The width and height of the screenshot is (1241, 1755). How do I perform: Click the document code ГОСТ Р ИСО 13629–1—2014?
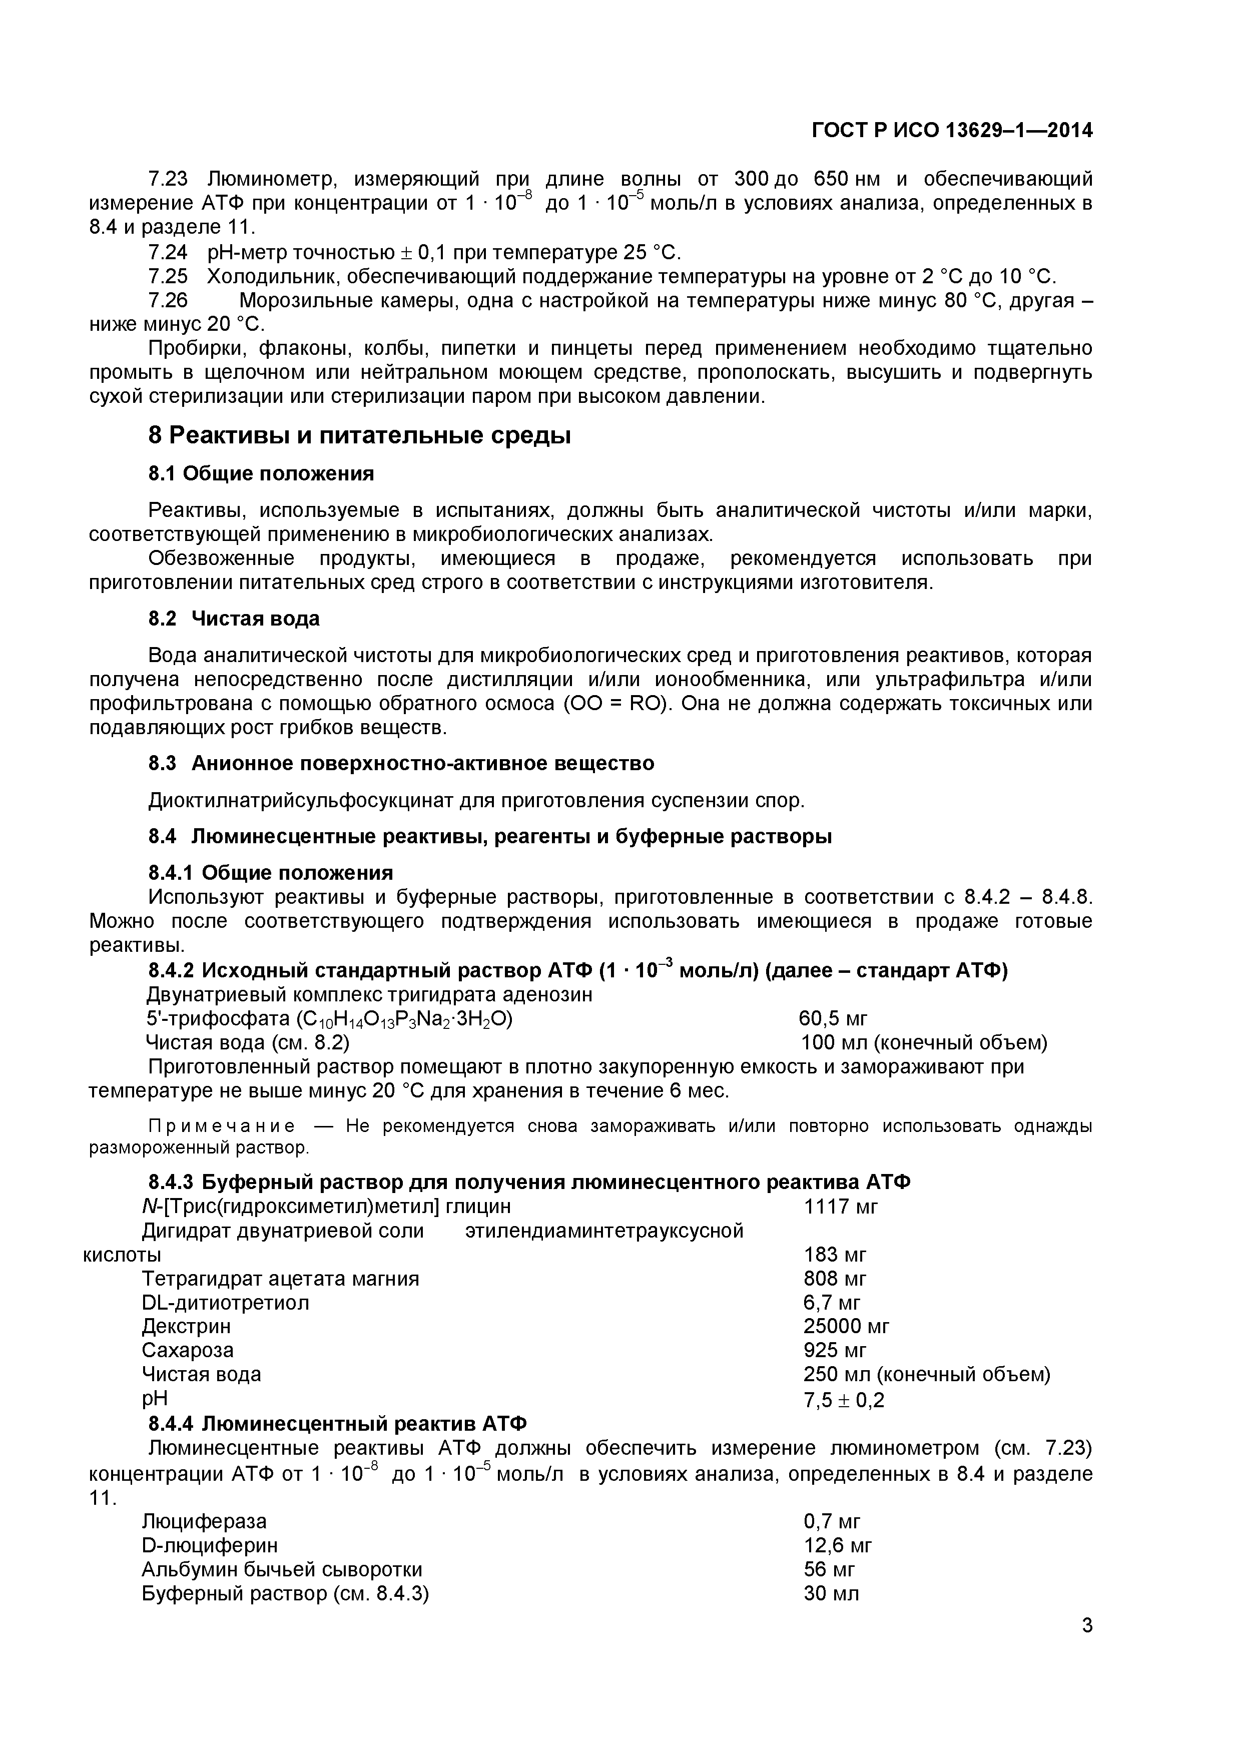tap(951, 131)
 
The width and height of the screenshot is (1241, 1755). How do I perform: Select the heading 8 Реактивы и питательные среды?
tap(359, 436)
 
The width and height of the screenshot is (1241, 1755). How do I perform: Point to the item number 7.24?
tap(167, 252)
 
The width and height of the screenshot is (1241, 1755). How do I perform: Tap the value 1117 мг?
tap(841, 1207)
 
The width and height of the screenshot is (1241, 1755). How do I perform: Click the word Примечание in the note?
tap(222, 1126)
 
